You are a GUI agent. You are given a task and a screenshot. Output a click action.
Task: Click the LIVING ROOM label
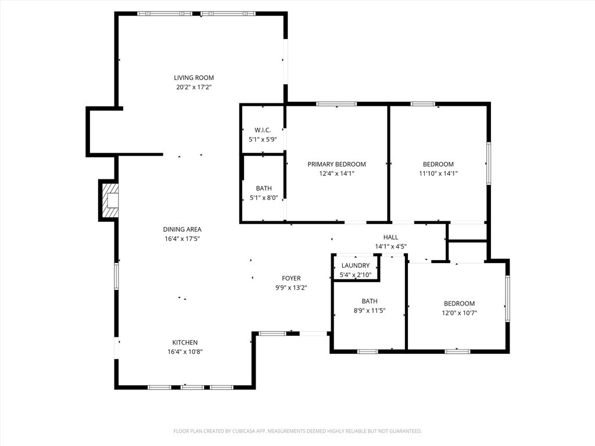pos(194,78)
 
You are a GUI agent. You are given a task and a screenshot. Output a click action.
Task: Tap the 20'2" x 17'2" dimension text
pos(194,87)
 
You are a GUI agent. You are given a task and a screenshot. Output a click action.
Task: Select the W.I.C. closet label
pos(263,130)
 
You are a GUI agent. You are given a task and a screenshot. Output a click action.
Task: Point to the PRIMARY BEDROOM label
pos(336,164)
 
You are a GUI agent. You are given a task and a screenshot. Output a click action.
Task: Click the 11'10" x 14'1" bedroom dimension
pos(438,174)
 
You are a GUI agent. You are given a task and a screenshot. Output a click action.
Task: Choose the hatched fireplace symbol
pos(109,200)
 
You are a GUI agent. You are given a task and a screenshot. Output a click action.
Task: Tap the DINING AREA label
pos(182,229)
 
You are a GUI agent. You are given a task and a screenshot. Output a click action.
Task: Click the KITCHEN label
pos(185,343)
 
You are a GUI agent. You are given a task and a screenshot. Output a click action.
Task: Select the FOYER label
pos(292,278)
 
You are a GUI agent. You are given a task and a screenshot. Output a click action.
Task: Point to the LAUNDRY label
pos(356,265)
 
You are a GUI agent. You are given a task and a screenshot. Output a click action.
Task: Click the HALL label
pos(391,238)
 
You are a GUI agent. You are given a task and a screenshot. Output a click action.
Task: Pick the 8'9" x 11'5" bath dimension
pos(370,311)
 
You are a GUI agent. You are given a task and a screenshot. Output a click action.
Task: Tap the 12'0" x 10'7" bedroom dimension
pos(460,313)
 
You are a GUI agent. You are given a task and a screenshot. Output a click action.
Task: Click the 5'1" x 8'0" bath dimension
pos(264,197)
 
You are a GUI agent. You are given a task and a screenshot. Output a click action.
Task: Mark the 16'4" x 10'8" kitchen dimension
pos(185,351)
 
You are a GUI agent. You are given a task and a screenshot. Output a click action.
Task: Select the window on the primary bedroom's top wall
pos(336,104)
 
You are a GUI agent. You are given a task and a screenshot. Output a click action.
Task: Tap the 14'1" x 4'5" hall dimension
pos(391,246)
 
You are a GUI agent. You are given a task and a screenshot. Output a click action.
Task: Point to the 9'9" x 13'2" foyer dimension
pos(292,287)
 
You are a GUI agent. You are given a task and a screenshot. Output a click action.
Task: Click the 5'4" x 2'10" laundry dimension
pos(356,275)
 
